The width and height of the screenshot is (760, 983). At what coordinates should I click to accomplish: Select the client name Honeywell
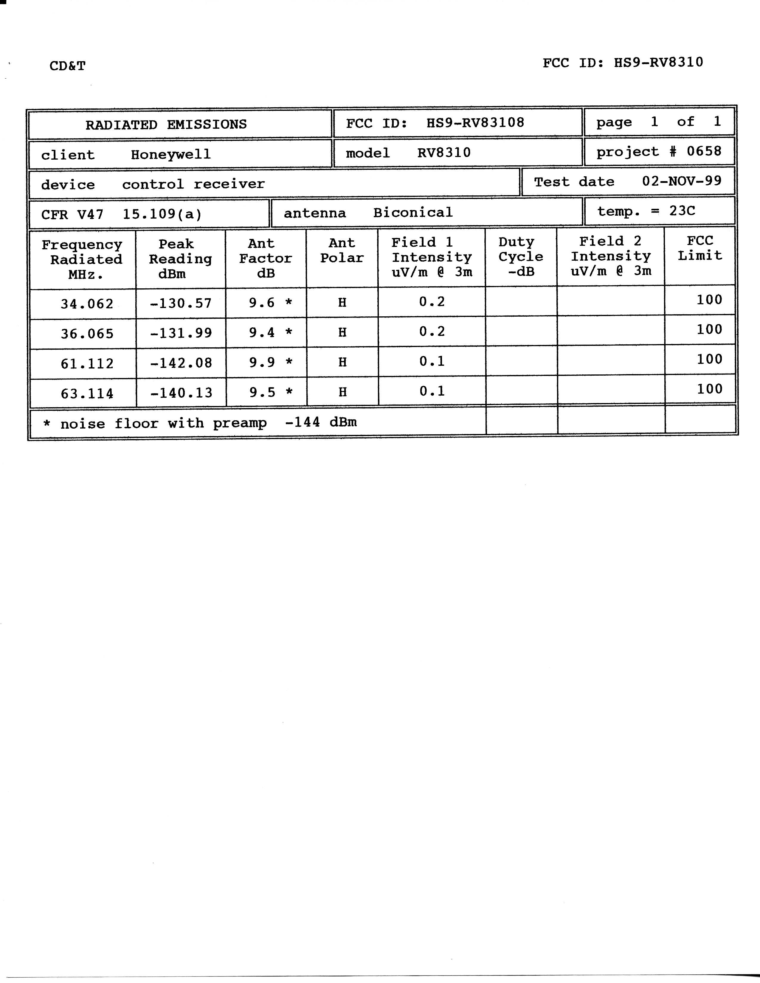point(171,154)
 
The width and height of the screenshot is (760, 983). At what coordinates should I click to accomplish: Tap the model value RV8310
point(444,153)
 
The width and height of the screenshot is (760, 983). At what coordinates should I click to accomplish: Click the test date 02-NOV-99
point(682,181)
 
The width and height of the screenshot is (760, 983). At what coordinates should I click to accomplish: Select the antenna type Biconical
point(413,212)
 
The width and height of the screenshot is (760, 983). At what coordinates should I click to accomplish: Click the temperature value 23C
point(682,211)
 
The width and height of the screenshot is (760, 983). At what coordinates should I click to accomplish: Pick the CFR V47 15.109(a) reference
point(122,214)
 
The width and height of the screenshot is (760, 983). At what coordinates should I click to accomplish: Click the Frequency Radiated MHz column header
point(82,259)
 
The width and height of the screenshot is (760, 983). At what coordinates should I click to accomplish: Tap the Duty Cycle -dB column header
point(521,256)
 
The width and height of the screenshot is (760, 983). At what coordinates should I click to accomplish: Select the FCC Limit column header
point(700,248)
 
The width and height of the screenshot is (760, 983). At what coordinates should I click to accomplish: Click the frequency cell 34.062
point(87,304)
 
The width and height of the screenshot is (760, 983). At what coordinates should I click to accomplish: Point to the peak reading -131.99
point(181,333)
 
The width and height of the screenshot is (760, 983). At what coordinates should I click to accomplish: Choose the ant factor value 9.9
point(262,362)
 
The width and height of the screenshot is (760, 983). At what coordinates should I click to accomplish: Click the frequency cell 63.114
point(87,393)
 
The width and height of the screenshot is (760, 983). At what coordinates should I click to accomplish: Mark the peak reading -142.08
point(181,363)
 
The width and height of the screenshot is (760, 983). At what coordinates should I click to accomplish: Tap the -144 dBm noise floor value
point(321,422)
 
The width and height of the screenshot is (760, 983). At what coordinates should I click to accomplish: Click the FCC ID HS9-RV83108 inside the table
point(475,122)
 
